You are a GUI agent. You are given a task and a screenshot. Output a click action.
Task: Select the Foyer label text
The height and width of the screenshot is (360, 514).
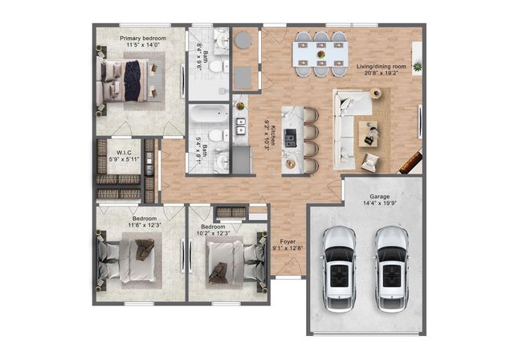[x=287, y=240]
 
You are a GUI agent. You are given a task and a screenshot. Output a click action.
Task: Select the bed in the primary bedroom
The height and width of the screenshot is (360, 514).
[x=128, y=83]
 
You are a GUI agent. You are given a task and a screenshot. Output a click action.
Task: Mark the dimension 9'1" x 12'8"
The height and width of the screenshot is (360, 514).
[x=287, y=248]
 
